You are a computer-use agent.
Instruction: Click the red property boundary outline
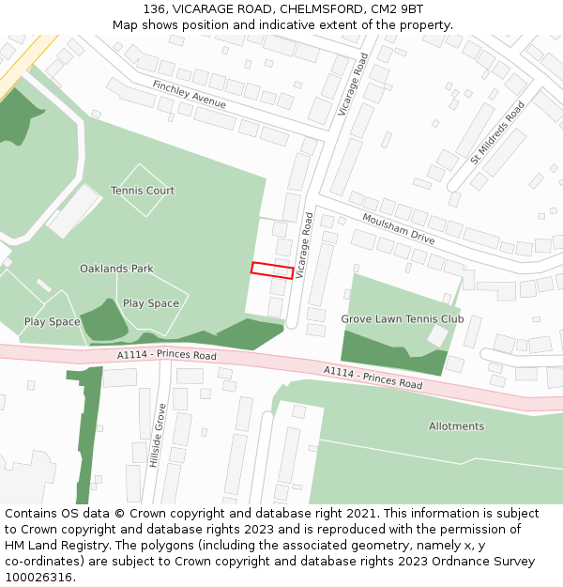[x=272, y=270]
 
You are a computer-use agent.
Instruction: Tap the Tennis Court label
[x=143, y=191]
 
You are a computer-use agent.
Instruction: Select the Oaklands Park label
[x=116, y=269]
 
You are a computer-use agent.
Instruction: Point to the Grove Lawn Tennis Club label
[x=402, y=319]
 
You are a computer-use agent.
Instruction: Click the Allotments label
[x=456, y=426]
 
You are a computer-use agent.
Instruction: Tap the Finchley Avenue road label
[x=189, y=95]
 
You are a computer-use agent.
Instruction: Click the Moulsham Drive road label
[x=398, y=227]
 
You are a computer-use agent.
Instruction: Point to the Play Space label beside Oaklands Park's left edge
[x=52, y=322]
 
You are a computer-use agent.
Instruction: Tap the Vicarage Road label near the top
[x=354, y=84]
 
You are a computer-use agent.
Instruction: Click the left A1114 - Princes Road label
[x=167, y=356]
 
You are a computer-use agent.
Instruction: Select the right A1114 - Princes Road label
[x=373, y=378]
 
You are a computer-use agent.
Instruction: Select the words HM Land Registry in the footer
[x=53, y=546]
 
